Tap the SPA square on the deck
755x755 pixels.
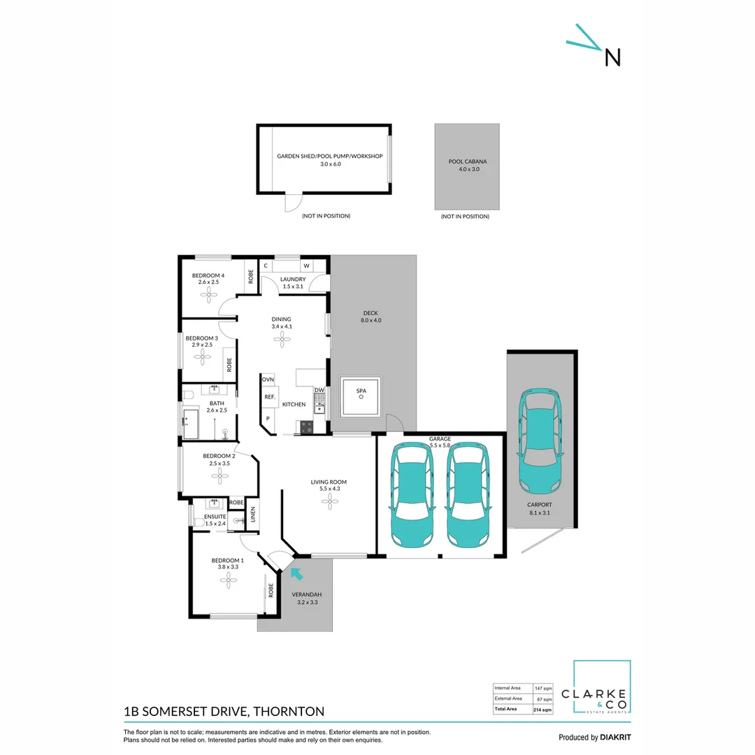click(361, 396)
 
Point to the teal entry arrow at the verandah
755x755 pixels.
click(296, 575)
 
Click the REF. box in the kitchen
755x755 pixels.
click(269, 396)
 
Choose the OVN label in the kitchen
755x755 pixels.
click(268, 379)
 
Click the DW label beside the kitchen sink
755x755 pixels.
click(319, 390)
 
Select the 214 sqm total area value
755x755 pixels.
click(542, 709)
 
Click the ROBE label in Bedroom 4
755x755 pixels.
click(250, 275)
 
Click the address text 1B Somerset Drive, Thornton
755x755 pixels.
click(224, 712)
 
